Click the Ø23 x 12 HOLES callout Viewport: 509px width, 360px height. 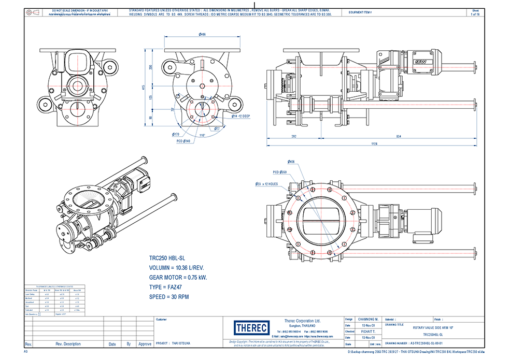pyautogui.click(x=267, y=184)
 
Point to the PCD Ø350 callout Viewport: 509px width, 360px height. pyautogui.click(x=280, y=171)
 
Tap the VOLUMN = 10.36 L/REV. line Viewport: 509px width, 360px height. pyautogui.click(x=176, y=267)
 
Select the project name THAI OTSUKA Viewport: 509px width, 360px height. pyautogui.click(x=181, y=343)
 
